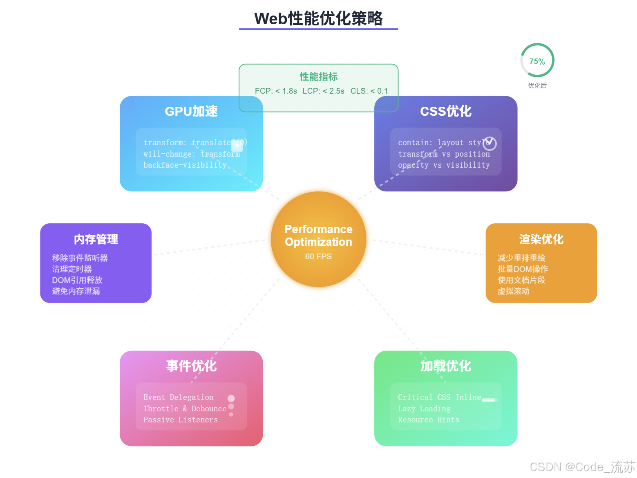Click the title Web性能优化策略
(x=318, y=19)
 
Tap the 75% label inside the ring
(x=537, y=61)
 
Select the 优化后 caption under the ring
(x=537, y=85)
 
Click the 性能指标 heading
(x=318, y=76)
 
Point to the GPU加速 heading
(x=191, y=111)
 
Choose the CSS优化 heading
(x=445, y=111)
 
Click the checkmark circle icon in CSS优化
(x=489, y=143)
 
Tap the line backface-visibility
(x=185, y=165)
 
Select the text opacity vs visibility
(x=444, y=165)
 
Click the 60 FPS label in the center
(x=318, y=256)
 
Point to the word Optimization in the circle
(x=318, y=242)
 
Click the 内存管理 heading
(x=96, y=239)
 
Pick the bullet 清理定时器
(x=72, y=269)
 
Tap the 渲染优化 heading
(x=541, y=239)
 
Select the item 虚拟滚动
(x=513, y=291)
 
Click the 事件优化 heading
(x=191, y=366)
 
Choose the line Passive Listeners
(x=180, y=420)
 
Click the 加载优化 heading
(x=445, y=366)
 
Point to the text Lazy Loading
(x=424, y=408)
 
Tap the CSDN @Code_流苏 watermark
(x=582, y=467)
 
